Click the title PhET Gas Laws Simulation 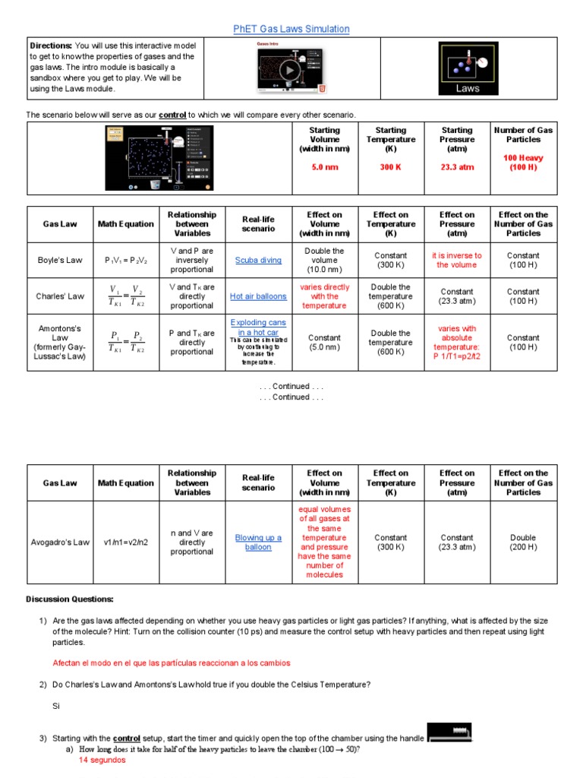pyautogui.click(x=291, y=29)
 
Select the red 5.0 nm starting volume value pyautogui.click(x=325, y=167)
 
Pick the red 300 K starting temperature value pyautogui.click(x=390, y=167)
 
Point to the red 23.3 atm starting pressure pyautogui.click(x=456, y=167)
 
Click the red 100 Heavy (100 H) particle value pyautogui.click(x=523, y=163)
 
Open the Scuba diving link pyautogui.click(x=258, y=261)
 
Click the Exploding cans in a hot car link pyautogui.click(x=258, y=327)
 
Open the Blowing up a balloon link pyautogui.click(x=258, y=542)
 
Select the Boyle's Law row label pyautogui.click(x=60, y=261)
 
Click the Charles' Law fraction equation pyautogui.click(x=125, y=296)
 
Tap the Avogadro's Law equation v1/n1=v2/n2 pyautogui.click(x=125, y=542)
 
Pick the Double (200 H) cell pyautogui.click(x=523, y=542)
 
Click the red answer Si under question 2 pyautogui.click(x=55, y=706)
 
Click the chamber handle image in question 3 pyautogui.click(x=449, y=733)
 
